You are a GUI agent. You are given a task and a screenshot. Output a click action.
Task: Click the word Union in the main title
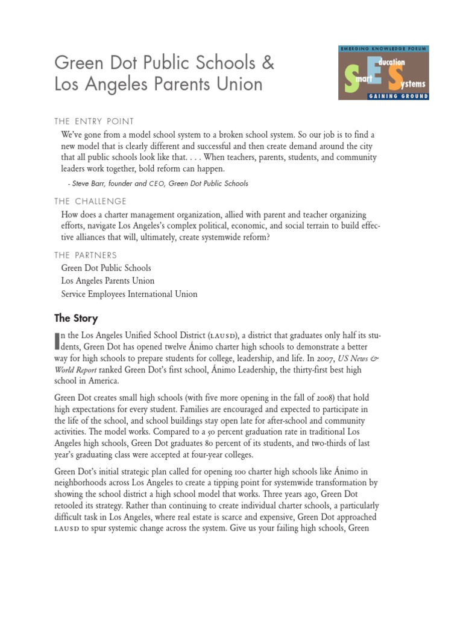tap(239, 84)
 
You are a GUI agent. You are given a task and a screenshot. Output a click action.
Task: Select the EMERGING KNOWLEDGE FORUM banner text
tap(383, 48)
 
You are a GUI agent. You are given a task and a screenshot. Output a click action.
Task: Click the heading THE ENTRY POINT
tap(94, 121)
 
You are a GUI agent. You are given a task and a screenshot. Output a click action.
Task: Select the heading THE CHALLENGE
tap(90, 202)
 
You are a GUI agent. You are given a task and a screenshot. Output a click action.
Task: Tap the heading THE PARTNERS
tap(86, 255)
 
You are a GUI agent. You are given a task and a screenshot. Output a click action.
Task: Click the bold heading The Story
tap(76, 318)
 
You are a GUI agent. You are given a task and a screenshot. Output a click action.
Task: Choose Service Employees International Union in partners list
tap(129, 295)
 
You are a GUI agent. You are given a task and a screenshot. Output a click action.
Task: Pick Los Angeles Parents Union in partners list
tap(108, 281)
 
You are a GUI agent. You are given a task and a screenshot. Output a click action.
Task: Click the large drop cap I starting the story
tap(57, 341)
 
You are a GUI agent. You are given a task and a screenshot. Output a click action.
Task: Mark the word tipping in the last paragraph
tap(248, 483)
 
